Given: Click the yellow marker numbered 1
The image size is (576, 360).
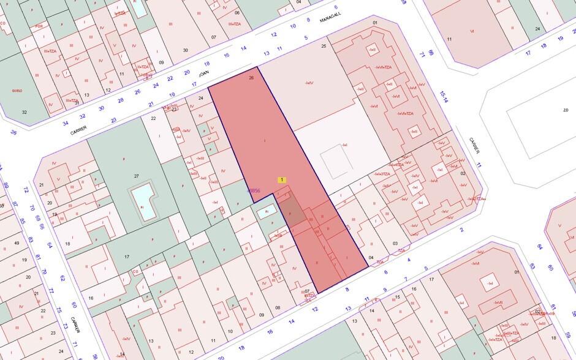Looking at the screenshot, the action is point(281,179).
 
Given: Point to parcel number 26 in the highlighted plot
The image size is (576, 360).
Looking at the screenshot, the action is point(251,78).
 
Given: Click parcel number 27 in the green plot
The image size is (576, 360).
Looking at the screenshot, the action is point(137,176).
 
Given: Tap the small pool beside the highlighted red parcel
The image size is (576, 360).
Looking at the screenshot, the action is point(265,212).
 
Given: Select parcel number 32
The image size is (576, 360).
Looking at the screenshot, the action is point(25,112).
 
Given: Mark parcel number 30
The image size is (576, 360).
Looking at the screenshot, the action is point(185,50).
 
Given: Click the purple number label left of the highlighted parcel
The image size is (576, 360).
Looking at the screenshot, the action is point(253,191).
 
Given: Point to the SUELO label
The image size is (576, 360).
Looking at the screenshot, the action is point(17,91).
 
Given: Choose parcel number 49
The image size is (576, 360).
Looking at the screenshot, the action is point(17,243).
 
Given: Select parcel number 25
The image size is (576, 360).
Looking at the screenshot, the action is point(324,46).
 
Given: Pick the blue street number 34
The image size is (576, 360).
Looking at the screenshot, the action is point(66,123).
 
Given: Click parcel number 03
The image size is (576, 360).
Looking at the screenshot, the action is point(396,243).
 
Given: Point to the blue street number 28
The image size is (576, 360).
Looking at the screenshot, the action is point(121,100).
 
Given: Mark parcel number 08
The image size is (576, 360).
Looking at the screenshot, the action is point(278,307).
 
